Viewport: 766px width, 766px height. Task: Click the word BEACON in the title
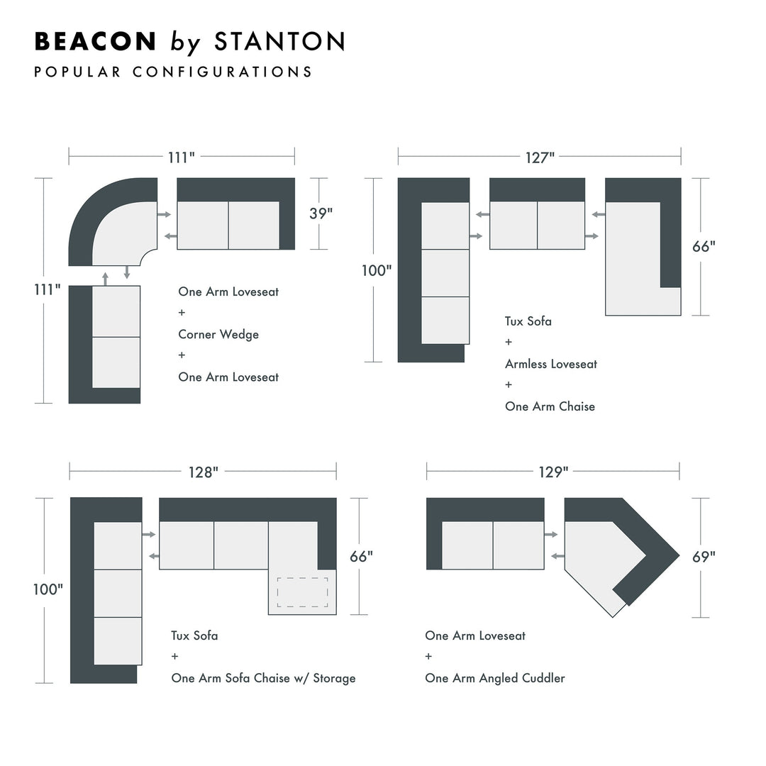95,42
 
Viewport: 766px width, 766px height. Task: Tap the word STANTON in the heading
279,42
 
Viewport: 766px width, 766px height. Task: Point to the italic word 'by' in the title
185,43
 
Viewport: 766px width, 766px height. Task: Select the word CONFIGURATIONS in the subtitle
222,72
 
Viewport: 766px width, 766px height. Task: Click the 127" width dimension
540,157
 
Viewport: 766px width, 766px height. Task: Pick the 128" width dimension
204,472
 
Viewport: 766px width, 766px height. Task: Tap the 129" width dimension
553,472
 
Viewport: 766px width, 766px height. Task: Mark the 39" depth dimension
321,213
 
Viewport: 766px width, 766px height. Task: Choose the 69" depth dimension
704,557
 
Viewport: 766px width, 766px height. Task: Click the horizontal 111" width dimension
182,157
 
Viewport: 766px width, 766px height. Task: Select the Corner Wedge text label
218,334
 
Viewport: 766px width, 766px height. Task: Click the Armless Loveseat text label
551,364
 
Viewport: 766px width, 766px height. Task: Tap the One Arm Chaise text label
550,406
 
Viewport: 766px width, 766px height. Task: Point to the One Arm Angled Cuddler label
495,678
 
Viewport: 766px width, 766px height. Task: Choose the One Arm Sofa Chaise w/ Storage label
263,678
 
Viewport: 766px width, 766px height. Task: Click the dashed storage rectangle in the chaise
302,592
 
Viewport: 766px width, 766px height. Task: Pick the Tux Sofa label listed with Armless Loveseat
528,321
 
